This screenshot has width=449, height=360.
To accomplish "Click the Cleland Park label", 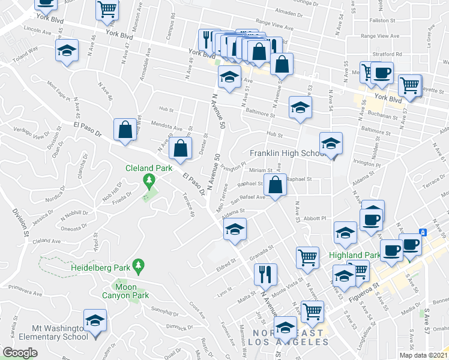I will pyautogui.click(x=148, y=169).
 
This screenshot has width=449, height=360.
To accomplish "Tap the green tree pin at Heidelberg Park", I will pyautogui.click(x=139, y=265).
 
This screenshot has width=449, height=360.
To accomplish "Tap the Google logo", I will pyautogui.click(x=20, y=352).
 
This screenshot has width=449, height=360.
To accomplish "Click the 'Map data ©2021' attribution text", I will pyautogui.click(x=423, y=355).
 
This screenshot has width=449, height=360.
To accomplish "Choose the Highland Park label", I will pyautogui.click(x=355, y=255).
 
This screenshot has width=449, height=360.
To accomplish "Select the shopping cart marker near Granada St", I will pyautogui.click(x=307, y=256).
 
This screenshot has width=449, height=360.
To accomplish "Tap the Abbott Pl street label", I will pyautogui.click(x=315, y=218).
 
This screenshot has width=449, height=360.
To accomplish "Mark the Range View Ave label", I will pyautogui.click(x=274, y=28).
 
